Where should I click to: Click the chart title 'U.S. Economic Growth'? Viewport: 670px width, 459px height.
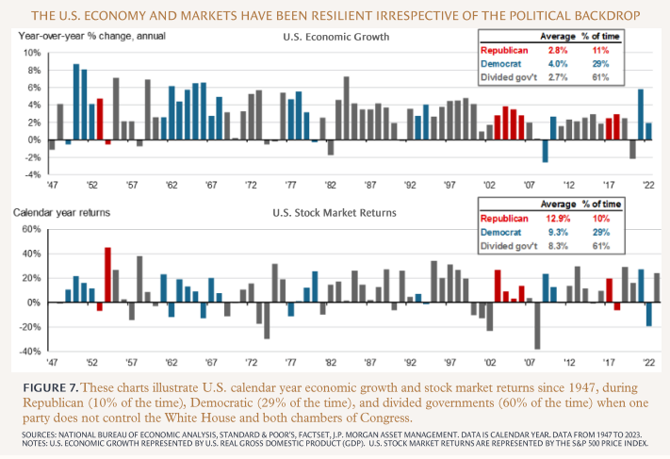[328, 38]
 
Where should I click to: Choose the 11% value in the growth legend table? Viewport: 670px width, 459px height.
[600, 49]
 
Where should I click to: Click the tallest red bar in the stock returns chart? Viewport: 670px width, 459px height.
[107, 274]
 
